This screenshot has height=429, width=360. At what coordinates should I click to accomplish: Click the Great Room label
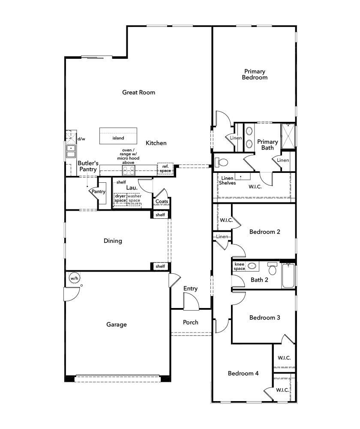coord(138,92)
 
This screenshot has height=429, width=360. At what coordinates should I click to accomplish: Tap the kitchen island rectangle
coord(119,136)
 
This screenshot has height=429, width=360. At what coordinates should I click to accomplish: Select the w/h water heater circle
coord(74,278)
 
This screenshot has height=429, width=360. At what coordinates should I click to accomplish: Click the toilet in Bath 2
coord(272,269)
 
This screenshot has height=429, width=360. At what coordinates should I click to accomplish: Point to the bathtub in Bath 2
coord(288,276)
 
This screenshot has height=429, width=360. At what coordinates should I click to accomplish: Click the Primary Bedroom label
coord(255,74)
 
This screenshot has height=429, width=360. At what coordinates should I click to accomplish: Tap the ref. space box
coord(165,169)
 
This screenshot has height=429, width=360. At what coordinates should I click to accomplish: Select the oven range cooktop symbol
coord(129,170)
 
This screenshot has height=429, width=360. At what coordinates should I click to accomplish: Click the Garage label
coord(117,325)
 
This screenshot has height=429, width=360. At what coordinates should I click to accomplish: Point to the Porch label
coord(191,322)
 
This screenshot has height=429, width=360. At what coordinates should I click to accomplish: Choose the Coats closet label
coord(162,202)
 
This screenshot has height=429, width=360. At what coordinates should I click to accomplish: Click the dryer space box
coord(120,198)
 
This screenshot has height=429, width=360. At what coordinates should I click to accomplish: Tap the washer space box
coord(134,198)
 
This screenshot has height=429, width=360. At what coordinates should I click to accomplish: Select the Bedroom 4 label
coord(243,373)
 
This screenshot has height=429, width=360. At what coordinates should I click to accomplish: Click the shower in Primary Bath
coord(288,136)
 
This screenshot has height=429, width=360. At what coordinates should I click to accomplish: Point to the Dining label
coord(113,241)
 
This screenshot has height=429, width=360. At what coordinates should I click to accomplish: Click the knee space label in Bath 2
coord(239,266)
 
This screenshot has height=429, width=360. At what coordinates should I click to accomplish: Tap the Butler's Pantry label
coord(88,166)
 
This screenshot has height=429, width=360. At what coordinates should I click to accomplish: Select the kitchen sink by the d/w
coord(70,151)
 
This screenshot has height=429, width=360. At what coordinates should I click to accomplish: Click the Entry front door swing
coord(191,302)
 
